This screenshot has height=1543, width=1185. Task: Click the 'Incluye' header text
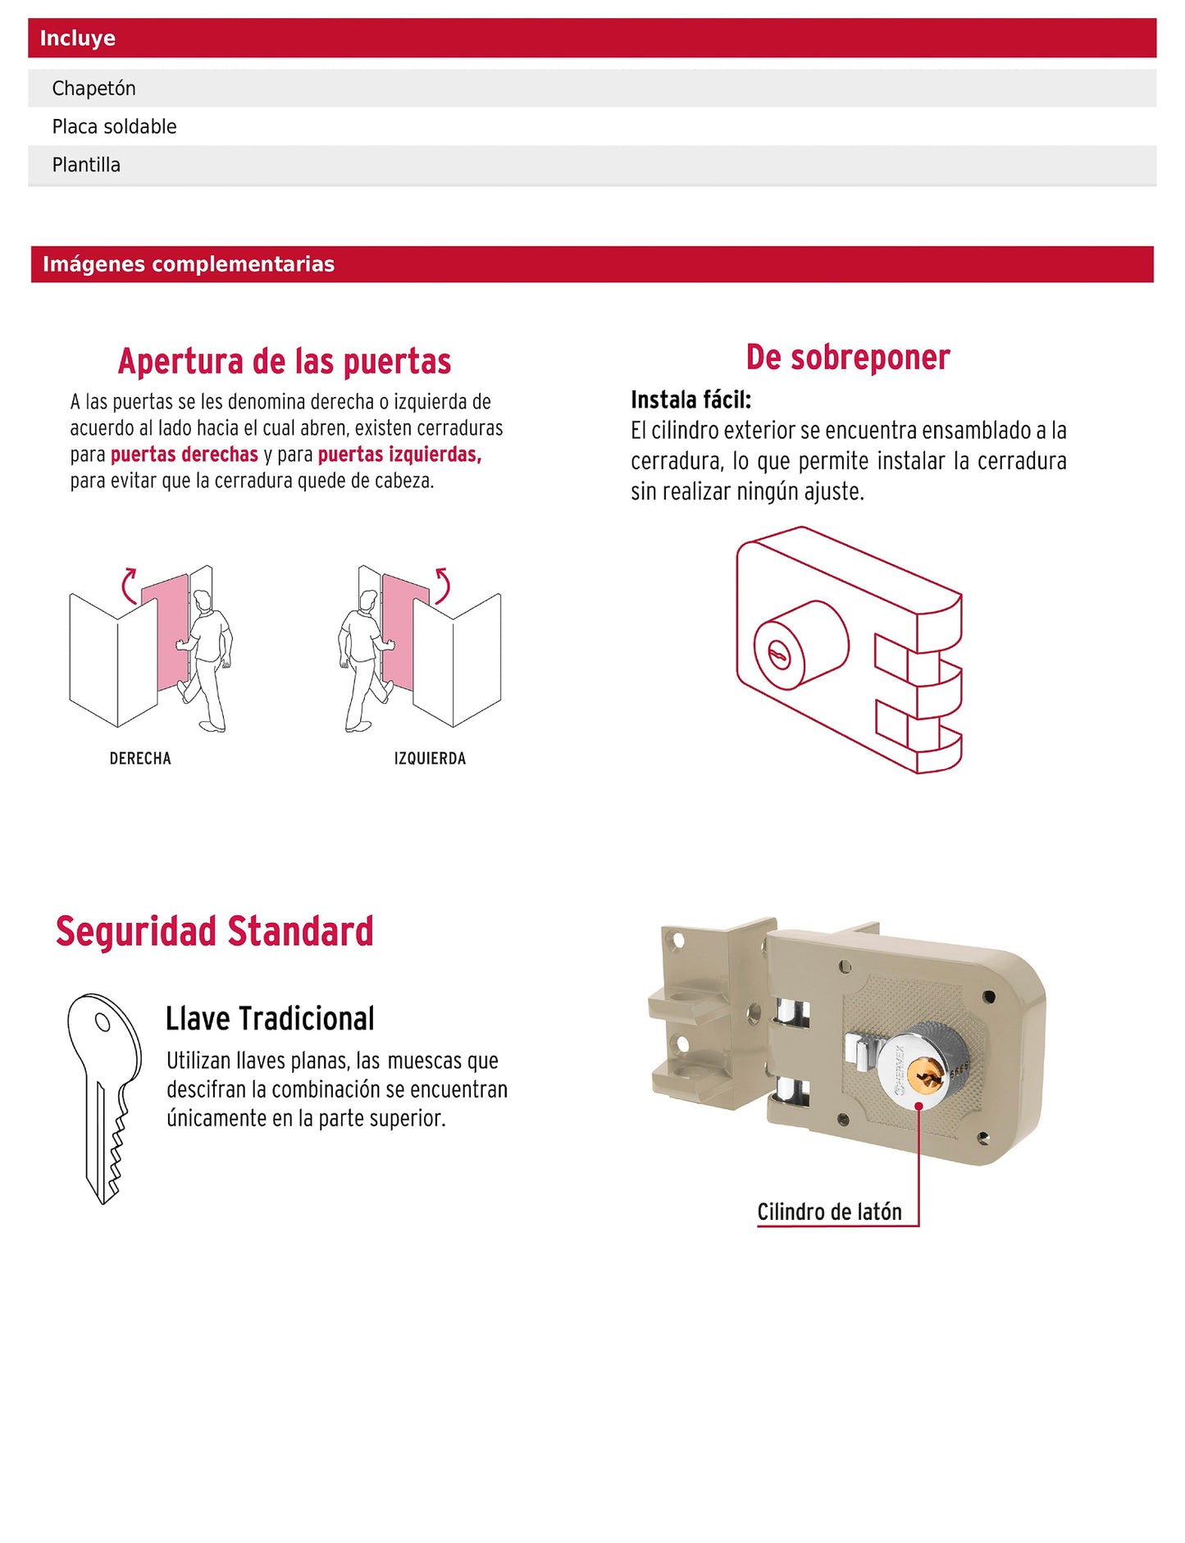click(78, 39)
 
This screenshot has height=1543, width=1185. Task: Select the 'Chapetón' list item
click(93, 89)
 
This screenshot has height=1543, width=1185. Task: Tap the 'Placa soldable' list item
click(114, 127)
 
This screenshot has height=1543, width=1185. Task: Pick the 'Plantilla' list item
click(86, 165)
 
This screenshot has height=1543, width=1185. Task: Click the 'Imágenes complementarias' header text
click(189, 264)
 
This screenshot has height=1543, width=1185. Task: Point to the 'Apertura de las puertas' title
click(285, 362)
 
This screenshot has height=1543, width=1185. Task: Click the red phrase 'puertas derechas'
click(185, 454)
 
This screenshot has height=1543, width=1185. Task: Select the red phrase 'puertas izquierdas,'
click(399, 454)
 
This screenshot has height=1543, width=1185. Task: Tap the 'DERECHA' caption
click(140, 759)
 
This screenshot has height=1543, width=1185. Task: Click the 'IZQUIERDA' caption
click(430, 759)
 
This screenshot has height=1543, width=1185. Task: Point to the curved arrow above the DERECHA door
click(129, 584)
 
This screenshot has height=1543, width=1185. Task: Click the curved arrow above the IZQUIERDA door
click(443, 584)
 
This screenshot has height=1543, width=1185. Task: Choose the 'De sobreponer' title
click(848, 358)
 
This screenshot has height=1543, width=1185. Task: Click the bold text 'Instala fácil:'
click(690, 400)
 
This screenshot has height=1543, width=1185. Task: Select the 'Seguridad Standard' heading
click(215, 932)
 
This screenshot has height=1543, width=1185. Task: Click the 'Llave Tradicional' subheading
click(270, 1019)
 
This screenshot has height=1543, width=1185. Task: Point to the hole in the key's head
click(103, 1022)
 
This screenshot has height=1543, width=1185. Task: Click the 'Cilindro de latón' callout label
click(829, 1212)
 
